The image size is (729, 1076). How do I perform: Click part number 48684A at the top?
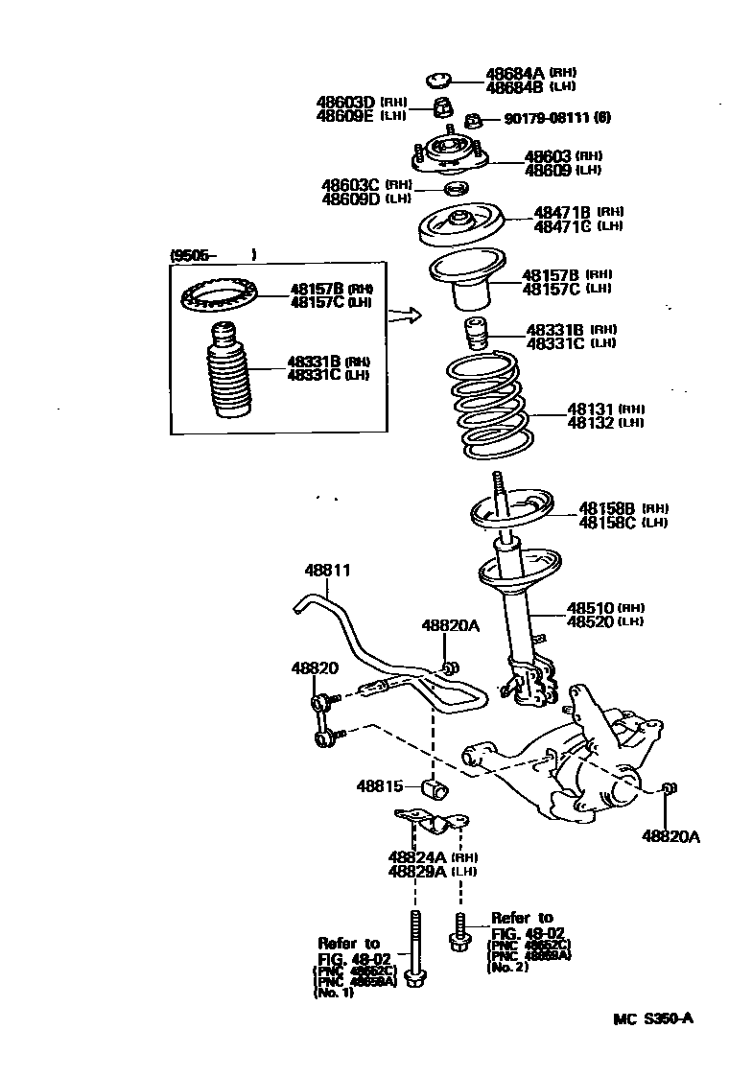click(514, 73)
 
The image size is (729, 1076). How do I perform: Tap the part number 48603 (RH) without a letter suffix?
click(548, 156)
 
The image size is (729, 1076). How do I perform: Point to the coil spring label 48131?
click(590, 409)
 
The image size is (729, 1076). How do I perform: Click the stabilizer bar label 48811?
click(328, 570)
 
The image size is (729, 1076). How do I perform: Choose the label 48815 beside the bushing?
click(380, 785)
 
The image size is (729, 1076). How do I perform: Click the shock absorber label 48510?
click(589, 608)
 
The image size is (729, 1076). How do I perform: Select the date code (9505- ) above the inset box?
click(212, 255)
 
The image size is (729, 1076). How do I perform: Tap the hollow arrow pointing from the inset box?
click(408, 315)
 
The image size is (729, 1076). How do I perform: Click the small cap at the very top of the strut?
click(440, 80)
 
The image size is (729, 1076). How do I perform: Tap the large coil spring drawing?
click(488, 405)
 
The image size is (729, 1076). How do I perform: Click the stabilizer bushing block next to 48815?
click(435, 789)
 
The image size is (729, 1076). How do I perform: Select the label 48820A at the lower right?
click(670, 836)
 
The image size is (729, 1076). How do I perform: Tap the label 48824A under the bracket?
click(417, 856)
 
